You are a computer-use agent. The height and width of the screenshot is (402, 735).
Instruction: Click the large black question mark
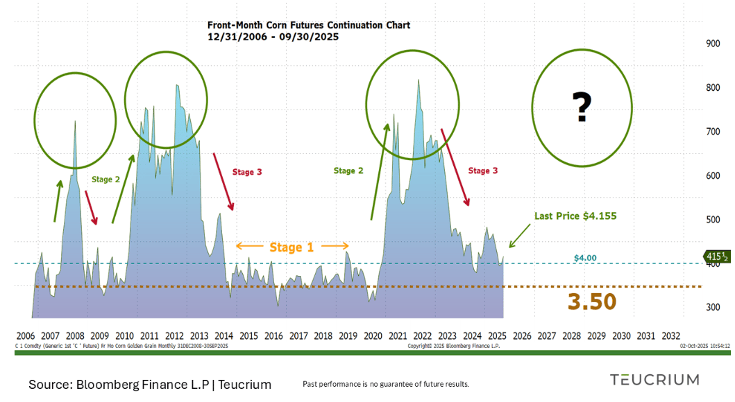pyautogui.click(x=582, y=108)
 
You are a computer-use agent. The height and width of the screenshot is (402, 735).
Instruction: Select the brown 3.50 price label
pyautogui.click(x=592, y=301)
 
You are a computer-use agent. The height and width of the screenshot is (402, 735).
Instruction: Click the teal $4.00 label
pyautogui.click(x=585, y=258)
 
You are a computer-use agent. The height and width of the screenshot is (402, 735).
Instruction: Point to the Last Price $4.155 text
pyautogui.click(x=575, y=216)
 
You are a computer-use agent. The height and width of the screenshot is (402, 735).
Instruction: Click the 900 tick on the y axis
pyautogui.click(x=712, y=44)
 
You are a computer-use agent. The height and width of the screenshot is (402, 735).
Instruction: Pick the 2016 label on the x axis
pyautogui.click(x=273, y=335)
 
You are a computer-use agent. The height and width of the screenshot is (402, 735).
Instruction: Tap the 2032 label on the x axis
pyautogui.click(x=671, y=335)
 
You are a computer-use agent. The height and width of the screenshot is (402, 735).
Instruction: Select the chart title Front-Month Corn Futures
pyautogui.click(x=309, y=25)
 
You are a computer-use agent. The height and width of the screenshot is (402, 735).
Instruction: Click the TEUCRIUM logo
pyautogui.click(x=654, y=379)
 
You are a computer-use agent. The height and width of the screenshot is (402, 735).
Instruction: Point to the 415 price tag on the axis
pyautogui.click(x=715, y=256)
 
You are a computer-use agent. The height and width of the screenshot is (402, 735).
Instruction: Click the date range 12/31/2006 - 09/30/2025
pyautogui.click(x=273, y=37)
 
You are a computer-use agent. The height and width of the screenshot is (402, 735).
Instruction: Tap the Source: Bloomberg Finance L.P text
pyautogui.click(x=150, y=384)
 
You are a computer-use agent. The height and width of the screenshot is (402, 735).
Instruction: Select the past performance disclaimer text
pyautogui.click(x=386, y=384)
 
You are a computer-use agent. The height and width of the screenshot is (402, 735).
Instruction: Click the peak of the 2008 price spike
pyautogui.click(x=75, y=122)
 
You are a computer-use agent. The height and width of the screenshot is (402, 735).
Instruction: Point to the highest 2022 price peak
pyautogui.click(x=418, y=80)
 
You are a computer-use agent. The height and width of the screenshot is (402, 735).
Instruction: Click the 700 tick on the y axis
pyautogui.click(x=712, y=132)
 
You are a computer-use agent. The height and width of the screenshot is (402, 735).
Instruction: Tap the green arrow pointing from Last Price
pyautogui.click(x=519, y=235)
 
